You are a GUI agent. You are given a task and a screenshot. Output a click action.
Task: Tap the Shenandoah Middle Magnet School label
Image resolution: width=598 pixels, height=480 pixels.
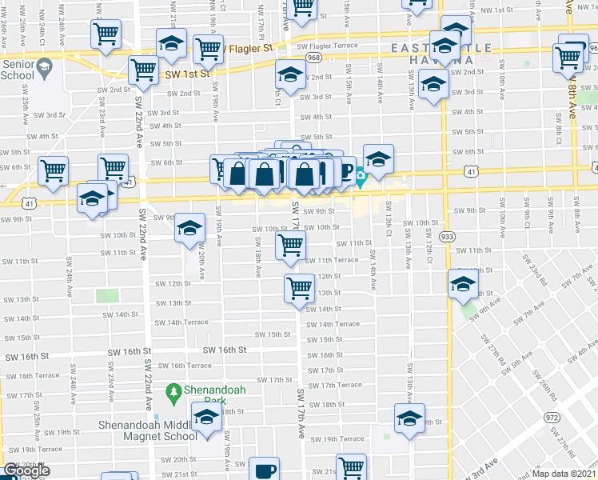click(x=148, y=430)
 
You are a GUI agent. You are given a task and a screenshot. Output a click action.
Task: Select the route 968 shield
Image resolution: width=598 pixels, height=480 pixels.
click(x=313, y=58)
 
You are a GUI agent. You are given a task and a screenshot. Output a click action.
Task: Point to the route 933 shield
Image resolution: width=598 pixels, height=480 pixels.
click(x=448, y=237)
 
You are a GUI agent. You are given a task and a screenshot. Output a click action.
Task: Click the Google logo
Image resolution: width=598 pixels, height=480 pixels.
click(x=26, y=470)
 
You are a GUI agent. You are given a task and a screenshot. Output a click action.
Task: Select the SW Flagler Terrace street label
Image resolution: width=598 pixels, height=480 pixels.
click(x=327, y=46)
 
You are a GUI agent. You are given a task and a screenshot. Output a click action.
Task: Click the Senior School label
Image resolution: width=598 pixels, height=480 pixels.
click(x=18, y=69)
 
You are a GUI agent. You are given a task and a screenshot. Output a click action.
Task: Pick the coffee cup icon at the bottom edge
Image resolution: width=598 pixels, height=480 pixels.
click(x=265, y=470)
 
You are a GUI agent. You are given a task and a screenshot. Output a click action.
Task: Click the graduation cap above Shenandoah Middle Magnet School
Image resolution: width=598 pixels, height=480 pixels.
click(x=207, y=418)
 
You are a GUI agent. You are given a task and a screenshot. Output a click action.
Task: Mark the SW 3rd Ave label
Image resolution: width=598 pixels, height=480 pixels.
click(x=492, y=460)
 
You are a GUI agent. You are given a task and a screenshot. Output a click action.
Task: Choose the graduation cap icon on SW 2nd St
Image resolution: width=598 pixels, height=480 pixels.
click(x=291, y=76)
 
